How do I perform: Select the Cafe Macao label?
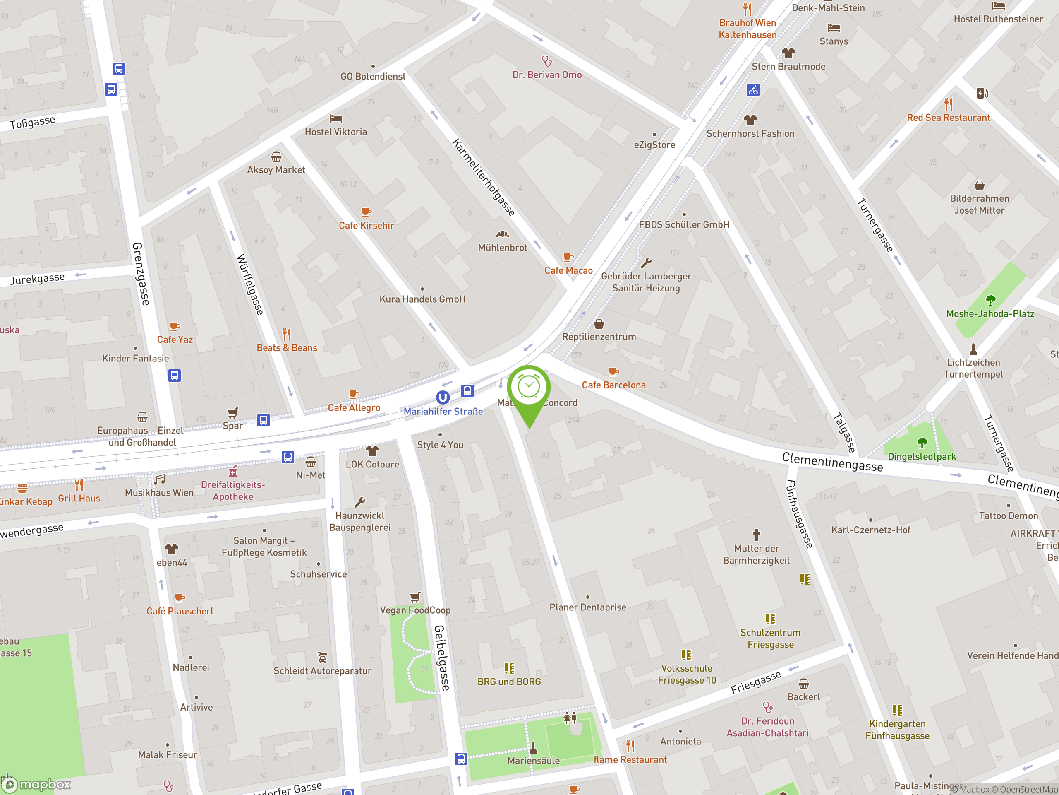tap(568, 271)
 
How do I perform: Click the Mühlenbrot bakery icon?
tap(502, 234)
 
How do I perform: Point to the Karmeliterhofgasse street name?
tap(484, 178)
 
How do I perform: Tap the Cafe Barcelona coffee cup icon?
tap(613, 371)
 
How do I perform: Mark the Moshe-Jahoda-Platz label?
tap(990, 314)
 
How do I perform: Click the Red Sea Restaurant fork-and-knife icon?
tap(949, 104)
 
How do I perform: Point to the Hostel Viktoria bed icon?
tap(336, 118)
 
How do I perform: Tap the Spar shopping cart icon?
tap(232, 412)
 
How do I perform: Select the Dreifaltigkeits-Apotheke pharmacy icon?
tap(233, 472)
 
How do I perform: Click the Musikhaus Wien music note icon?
tap(160, 479)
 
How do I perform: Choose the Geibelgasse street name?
tap(442, 658)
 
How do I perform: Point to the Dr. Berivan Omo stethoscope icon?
tap(547, 61)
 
